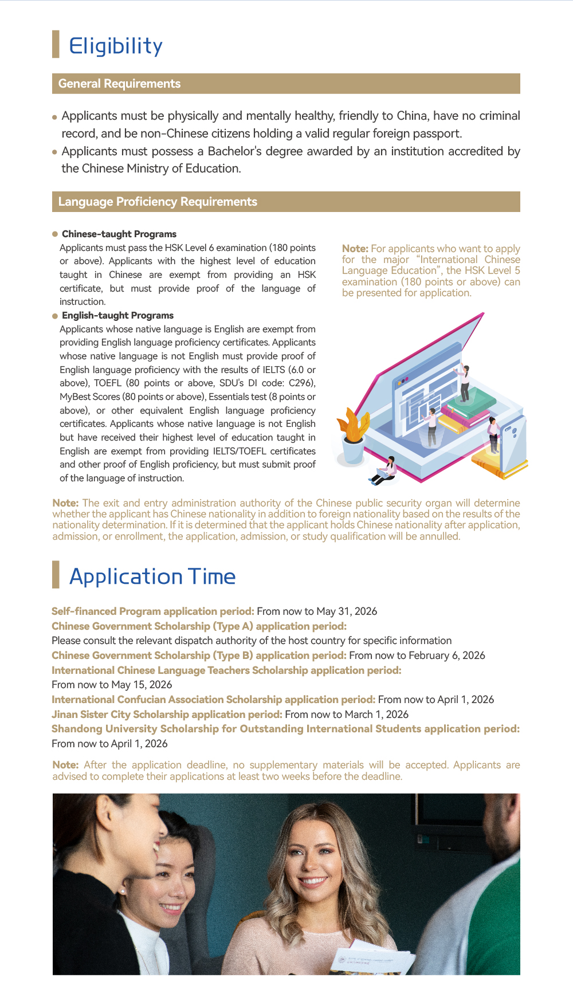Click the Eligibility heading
[116, 46]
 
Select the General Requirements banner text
[119, 84]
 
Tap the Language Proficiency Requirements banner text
[158, 202]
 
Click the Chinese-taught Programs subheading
[119, 234]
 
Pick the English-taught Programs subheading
[117, 316]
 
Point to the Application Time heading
[152, 576]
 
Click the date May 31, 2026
[347, 611]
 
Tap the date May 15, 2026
[142, 685]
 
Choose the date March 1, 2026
[376, 715]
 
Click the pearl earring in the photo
[123, 891]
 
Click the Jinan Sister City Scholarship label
[167, 715]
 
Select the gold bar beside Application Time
[56, 575]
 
